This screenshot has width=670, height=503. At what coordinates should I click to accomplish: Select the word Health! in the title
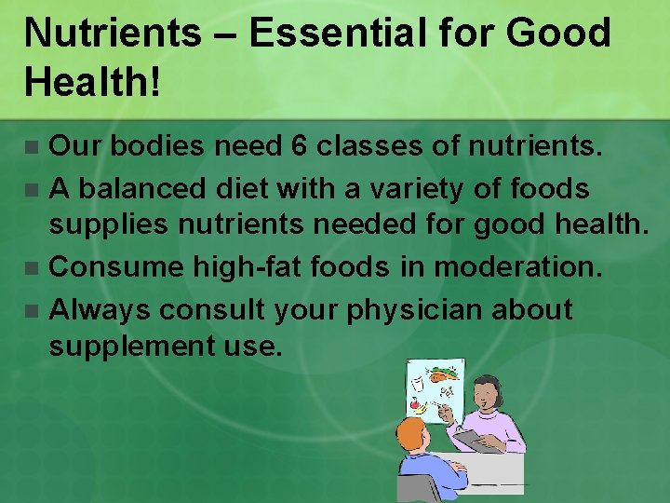(93, 82)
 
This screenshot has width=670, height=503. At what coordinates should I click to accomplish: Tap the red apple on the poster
(416, 405)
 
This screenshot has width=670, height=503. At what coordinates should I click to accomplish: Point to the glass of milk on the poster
(419, 382)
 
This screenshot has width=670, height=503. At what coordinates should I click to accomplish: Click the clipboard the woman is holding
(478, 440)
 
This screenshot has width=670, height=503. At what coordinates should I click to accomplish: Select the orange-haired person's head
(413, 435)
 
